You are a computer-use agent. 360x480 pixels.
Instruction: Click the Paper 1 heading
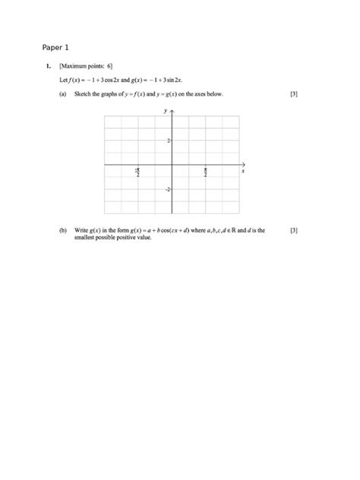tap(55, 47)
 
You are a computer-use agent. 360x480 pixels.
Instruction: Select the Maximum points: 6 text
tap(86, 67)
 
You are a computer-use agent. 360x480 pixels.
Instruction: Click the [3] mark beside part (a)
tap(294, 95)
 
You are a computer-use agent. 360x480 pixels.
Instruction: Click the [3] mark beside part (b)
tap(294, 230)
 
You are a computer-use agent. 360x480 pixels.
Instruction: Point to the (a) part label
tap(62, 95)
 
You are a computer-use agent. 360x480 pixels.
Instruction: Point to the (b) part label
tap(62, 230)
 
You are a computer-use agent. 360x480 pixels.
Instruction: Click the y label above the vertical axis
tap(165, 111)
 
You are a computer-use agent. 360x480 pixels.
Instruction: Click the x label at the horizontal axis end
tap(243, 172)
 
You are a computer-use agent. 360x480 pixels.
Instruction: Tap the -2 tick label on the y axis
tap(166, 189)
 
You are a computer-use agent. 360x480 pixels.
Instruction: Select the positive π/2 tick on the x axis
tap(206, 172)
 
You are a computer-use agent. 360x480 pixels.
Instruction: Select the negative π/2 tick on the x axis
tap(137, 172)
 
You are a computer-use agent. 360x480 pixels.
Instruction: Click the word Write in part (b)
tap(82, 230)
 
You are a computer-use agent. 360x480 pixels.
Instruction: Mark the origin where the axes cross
tap(172, 165)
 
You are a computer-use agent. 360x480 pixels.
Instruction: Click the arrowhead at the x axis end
tap(243, 165)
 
